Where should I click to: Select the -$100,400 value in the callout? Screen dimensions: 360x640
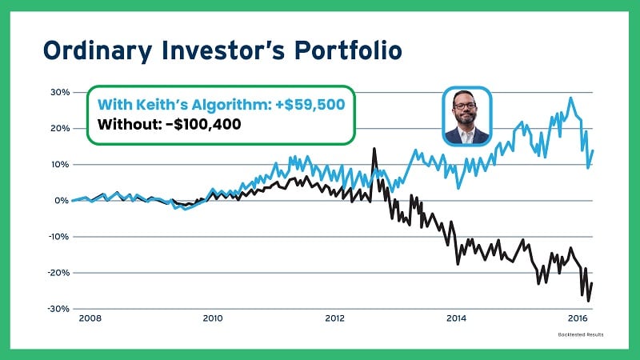click(205, 125)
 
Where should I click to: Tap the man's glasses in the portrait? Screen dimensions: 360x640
click(466, 106)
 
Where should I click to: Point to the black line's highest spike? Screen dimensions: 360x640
click(374, 149)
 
